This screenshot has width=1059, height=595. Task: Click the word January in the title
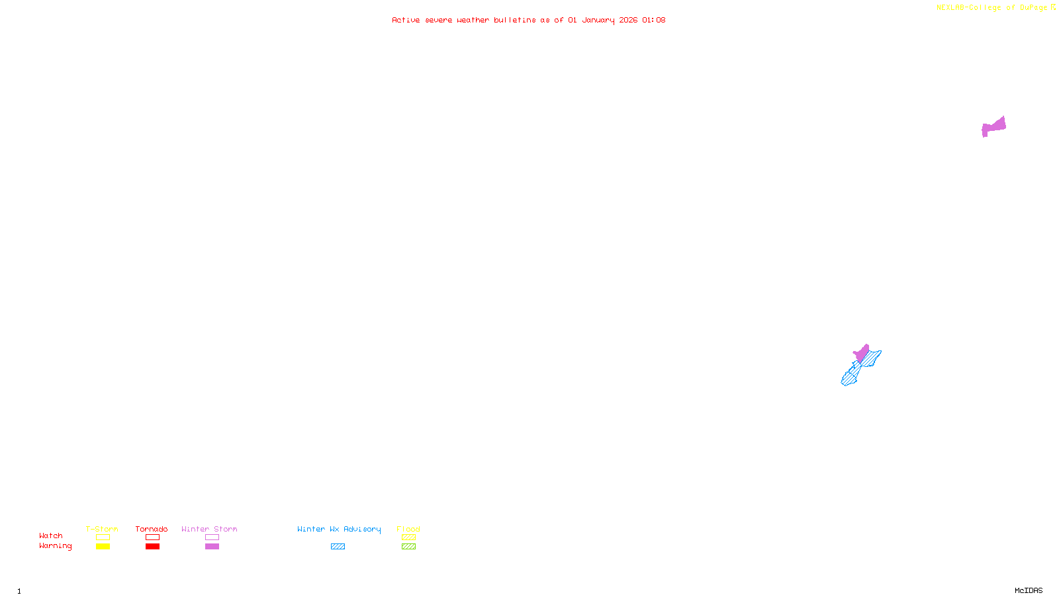[598, 20]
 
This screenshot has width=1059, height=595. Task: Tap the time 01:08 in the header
[653, 20]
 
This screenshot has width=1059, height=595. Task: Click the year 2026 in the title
[628, 20]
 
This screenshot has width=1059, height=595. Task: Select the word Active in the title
[406, 20]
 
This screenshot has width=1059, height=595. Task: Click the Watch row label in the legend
[51, 535]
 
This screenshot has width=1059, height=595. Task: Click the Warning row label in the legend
[55, 546]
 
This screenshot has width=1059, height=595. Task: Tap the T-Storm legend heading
[102, 529]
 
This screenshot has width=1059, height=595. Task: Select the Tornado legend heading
[152, 529]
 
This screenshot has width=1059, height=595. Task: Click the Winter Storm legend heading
[209, 529]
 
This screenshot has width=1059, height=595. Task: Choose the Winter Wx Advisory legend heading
[339, 529]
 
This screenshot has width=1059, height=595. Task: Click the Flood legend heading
[408, 529]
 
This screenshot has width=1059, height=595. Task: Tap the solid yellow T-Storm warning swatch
[103, 547]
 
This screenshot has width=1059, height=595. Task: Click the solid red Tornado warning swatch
[152, 547]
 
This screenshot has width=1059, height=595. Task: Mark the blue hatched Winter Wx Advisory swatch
[338, 547]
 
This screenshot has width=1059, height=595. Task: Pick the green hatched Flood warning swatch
[408, 547]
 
